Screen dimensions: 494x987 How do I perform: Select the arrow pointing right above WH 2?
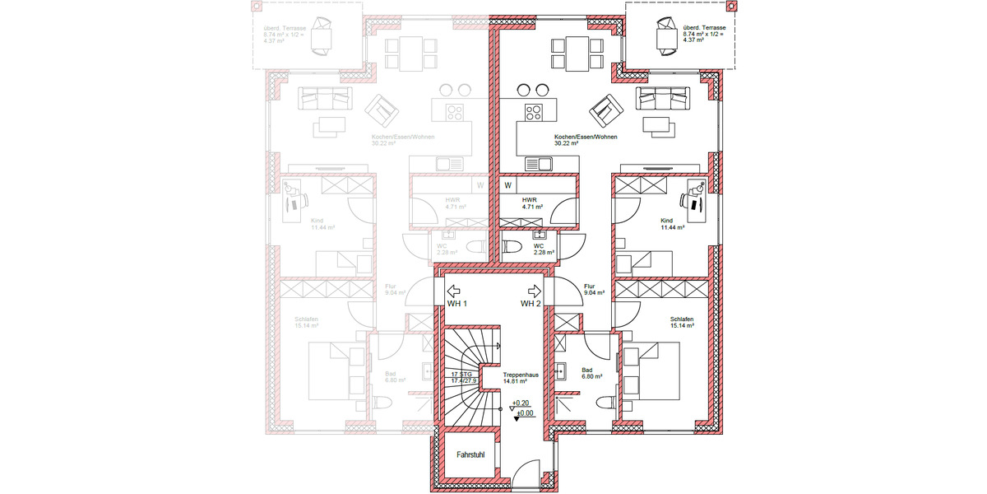click(534, 291)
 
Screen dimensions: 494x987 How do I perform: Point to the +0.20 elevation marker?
click(519, 403)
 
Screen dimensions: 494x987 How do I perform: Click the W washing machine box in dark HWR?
click(508, 184)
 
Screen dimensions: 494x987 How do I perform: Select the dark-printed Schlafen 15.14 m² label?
click(682, 322)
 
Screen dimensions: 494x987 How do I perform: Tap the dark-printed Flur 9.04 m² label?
click(594, 289)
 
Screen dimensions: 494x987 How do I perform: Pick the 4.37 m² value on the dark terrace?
click(693, 40)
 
